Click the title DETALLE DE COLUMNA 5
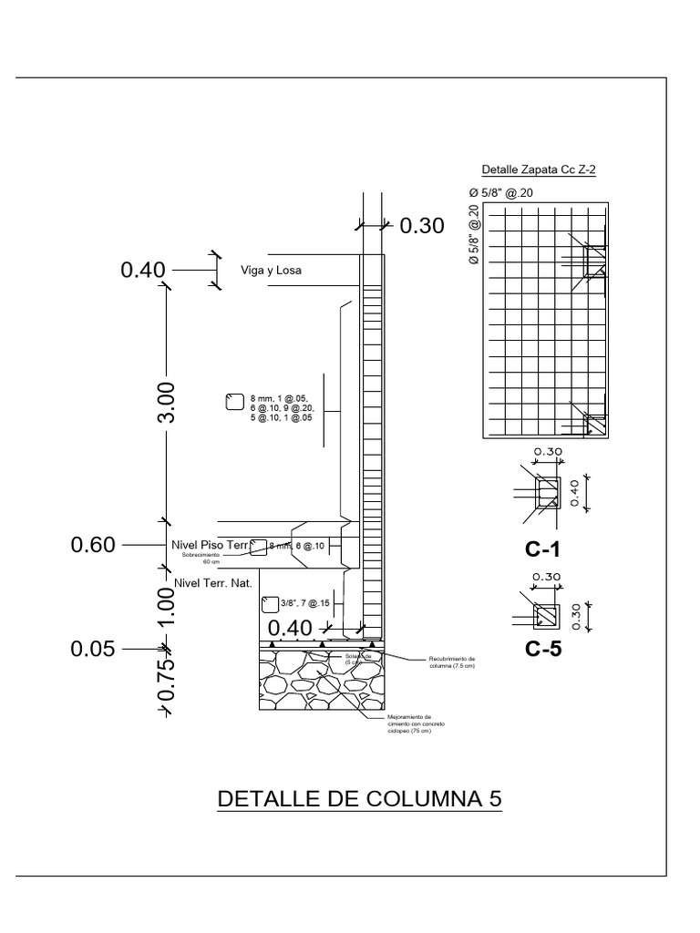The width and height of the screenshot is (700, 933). click(x=359, y=799)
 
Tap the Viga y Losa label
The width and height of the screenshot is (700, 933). click(x=271, y=271)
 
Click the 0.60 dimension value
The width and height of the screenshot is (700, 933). click(x=93, y=545)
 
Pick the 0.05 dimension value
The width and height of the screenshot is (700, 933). click(x=93, y=649)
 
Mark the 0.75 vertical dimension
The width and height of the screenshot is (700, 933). click(x=167, y=681)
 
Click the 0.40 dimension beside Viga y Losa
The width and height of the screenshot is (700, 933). click(x=143, y=270)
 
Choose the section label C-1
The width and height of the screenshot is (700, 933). click(x=543, y=550)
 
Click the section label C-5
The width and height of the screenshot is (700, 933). click(x=543, y=650)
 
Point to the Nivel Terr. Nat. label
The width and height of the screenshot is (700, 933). click(x=211, y=580)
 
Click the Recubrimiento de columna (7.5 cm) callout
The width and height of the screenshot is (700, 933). click(x=452, y=661)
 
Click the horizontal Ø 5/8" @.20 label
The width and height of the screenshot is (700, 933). click(x=499, y=193)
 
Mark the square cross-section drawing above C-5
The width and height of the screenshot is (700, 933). click(x=547, y=616)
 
